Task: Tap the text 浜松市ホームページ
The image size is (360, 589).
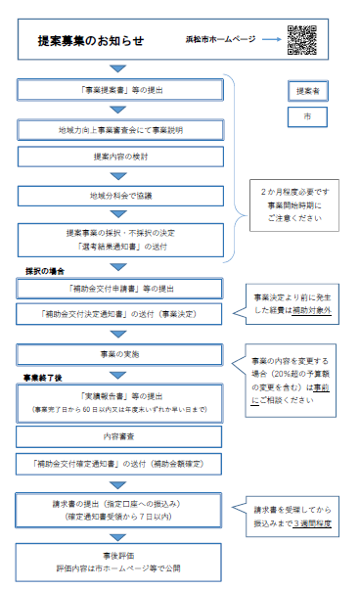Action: [x=220, y=40]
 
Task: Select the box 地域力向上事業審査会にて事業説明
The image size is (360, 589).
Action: [x=120, y=128]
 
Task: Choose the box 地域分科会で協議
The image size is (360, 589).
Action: [x=120, y=196]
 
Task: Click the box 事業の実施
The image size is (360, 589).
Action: [x=120, y=354]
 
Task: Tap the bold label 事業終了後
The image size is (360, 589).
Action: [x=46, y=376]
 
